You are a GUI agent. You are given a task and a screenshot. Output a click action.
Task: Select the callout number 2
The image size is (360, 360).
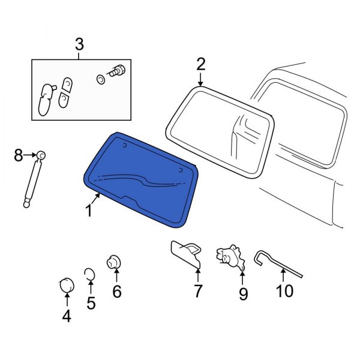click(x=200, y=64)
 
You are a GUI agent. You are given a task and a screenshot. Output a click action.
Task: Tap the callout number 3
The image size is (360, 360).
click(x=79, y=44)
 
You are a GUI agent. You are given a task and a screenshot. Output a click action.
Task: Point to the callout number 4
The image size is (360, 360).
click(x=67, y=315)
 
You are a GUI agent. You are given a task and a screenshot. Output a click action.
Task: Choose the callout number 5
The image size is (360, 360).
click(x=91, y=303)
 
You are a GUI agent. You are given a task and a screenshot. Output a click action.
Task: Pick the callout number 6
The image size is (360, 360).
click(x=116, y=292)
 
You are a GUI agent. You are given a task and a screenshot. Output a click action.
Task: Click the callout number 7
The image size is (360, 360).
click(x=197, y=292)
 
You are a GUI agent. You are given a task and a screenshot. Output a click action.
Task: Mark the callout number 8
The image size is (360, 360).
click(x=18, y=156)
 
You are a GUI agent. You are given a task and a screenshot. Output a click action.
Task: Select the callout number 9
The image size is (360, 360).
click(x=242, y=293)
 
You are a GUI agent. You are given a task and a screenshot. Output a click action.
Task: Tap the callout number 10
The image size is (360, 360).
click(x=284, y=291)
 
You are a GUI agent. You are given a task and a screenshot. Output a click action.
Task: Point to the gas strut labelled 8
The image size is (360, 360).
click(x=33, y=180)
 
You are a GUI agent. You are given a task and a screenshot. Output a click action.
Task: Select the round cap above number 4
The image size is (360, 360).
click(x=65, y=284)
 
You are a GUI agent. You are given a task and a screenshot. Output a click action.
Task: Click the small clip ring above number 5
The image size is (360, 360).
click(x=89, y=275)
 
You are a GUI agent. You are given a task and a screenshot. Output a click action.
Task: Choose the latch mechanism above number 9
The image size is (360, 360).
click(x=230, y=256)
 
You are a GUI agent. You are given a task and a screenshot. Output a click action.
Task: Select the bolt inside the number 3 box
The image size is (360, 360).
click(x=118, y=71)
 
